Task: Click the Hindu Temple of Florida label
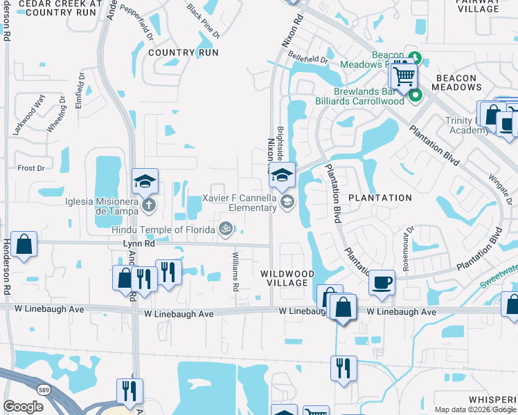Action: pyautogui.click(x=163, y=229)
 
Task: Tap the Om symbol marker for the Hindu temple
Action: pyautogui.click(x=225, y=229)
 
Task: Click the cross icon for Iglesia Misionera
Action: pyautogui.click(x=148, y=204)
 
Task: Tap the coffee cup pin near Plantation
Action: pyautogui.click(x=382, y=282)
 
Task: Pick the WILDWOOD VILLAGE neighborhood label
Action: pyautogui.click(x=284, y=279)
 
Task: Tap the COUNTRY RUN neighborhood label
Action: pyautogui.click(x=183, y=53)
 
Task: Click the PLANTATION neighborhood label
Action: pyautogui.click(x=380, y=198)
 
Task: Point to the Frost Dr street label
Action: pyautogui.click(x=31, y=168)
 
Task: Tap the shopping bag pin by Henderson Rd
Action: pyautogui.click(x=24, y=245)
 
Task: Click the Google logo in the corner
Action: pyautogui.click(x=24, y=407)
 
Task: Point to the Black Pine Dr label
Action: pyautogui.click(x=204, y=21)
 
